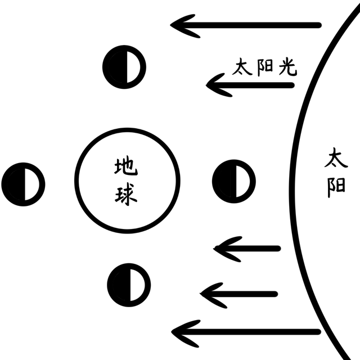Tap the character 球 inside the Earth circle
[x=126, y=195]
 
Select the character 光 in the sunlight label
[x=288, y=67]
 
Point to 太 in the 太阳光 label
[x=242, y=66]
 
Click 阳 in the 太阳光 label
[x=265, y=67]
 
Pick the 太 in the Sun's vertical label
[x=336, y=157]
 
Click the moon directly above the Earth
[x=124, y=67]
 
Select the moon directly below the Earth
[x=129, y=285]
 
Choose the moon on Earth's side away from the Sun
[x=23, y=184]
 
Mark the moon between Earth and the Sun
[x=234, y=181]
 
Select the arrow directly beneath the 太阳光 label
[x=250, y=85]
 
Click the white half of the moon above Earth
[x=133, y=67]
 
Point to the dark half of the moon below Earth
[x=119, y=285]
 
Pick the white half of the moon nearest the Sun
[x=243, y=181]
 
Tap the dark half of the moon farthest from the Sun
[x=13, y=184]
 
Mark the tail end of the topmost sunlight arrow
[x=319, y=25]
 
